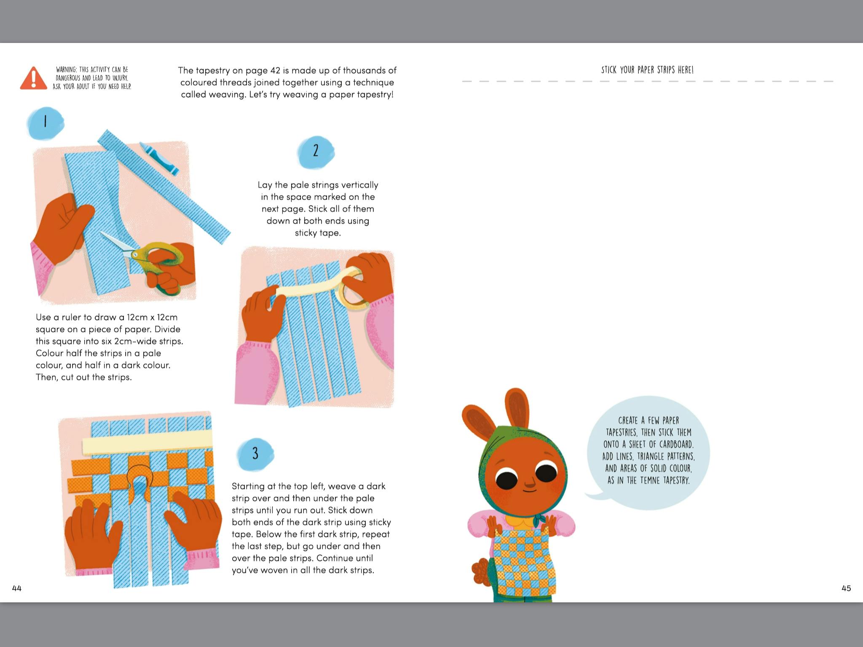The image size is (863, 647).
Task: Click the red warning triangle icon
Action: tap(33, 78)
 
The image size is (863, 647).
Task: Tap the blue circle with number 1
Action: tap(46, 123)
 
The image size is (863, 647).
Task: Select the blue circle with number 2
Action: tap(316, 152)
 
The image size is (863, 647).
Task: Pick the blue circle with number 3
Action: tap(255, 454)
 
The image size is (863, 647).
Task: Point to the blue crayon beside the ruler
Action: tap(159, 158)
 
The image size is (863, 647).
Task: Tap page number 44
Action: tap(17, 588)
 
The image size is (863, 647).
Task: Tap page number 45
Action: tap(846, 588)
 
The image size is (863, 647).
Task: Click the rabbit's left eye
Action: tap(506, 479)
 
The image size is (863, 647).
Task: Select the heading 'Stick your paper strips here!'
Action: tap(647, 70)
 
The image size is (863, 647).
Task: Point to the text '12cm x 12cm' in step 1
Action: tap(152, 317)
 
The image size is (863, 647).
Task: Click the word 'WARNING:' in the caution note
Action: tap(67, 70)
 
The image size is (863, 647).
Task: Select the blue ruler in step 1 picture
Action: tap(164, 187)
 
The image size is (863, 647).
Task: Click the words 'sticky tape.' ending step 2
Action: tap(318, 233)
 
